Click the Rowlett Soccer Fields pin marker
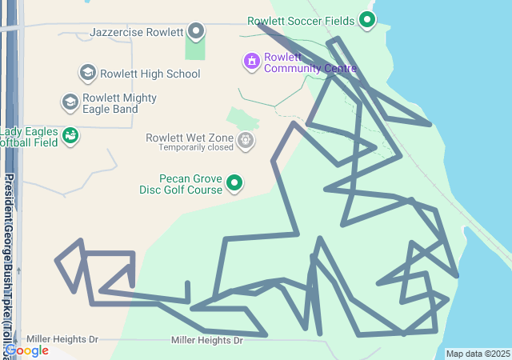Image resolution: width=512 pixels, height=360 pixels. pos(367,20)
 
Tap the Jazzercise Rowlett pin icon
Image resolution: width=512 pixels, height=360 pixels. pos(196,32)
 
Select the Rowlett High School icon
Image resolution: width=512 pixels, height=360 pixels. pos(87,74)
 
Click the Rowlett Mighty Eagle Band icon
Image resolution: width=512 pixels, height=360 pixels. pos(70,102)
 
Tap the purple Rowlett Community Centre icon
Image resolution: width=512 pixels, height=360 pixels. pos(252,61)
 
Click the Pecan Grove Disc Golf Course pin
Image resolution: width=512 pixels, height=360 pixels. pos(235,183)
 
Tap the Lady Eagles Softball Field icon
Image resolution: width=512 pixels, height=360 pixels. pos(71,136)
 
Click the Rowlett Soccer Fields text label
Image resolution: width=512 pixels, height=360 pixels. pos(301,21)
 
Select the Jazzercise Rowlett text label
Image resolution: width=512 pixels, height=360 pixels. pos(137,33)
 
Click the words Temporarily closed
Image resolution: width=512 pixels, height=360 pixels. pos(195,148)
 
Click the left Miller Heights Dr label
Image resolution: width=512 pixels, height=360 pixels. pos(62,339)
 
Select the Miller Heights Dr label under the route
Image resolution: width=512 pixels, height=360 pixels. pos(206,341)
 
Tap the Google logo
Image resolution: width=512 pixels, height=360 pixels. pos(26,350)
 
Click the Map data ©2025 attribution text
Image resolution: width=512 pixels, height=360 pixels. pos(478,354)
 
